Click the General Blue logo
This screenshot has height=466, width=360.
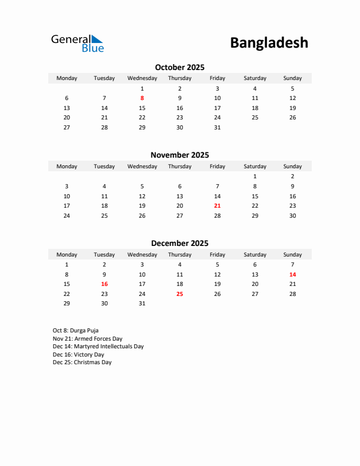pyautogui.click(x=77, y=43)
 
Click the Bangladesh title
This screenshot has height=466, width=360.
pyautogui.click(x=269, y=42)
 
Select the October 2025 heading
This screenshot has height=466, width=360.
pyautogui.click(x=179, y=67)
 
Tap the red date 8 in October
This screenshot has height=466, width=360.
pyautogui.click(x=142, y=98)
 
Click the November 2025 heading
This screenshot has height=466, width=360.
pyautogui.click(x=179, y=155)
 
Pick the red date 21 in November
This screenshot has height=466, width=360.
pyautogui.click(x=217, y=206)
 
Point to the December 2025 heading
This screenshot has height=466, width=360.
pyautogui.click(x=179, y=243)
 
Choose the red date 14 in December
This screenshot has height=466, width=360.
pyautogui.click(x=292, y=274)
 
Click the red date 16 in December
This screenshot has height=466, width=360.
pyautogui.click(x=104, y=284)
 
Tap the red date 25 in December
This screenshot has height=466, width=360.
pyautogui.click(x=179, y=294)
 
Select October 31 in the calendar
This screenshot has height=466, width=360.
pyautogui.click(x=217, y=128)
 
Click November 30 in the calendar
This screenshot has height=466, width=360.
pyautogui.click(x=292, y=216)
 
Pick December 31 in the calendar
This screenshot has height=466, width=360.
pyautogui.click(x=142, y=304)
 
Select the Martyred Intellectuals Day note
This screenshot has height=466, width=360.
pyautogui.click(x=98, y=347)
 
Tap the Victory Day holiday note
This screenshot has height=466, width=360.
pyautogui.click(x=78, y=355)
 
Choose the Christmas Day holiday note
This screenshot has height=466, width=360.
pyautogui.click(x=82, y=362)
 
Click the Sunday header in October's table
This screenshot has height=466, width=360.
pyautogui.click(x=292, y=78)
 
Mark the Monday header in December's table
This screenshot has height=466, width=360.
pyautogui.click(x=66, y=255)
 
